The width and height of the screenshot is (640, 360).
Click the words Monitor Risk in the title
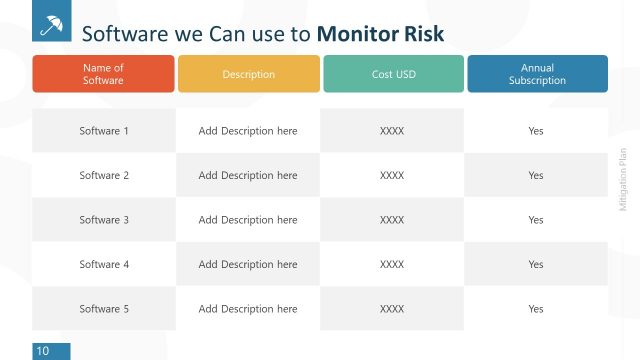380,34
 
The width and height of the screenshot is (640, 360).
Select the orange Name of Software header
103,74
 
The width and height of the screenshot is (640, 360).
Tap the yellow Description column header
248,74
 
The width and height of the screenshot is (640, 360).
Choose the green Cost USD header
392,74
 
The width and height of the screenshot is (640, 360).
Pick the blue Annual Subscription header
537,74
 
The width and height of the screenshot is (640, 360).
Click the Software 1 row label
104,131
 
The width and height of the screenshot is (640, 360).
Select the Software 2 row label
104,176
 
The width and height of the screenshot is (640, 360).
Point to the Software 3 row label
104,220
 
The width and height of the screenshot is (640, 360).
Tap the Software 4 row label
104,265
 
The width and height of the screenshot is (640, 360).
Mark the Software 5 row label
104,309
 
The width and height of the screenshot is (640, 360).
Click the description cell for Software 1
248,131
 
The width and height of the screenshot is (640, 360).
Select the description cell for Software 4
248,265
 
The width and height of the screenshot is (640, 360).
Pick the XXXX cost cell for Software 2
392,176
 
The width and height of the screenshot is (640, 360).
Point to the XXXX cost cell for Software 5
392,309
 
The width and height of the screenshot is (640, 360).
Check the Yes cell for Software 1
536,131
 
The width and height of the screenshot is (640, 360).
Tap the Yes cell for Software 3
536,220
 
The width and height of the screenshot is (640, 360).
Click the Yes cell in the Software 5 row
536,309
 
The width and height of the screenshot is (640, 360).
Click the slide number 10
43,351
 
